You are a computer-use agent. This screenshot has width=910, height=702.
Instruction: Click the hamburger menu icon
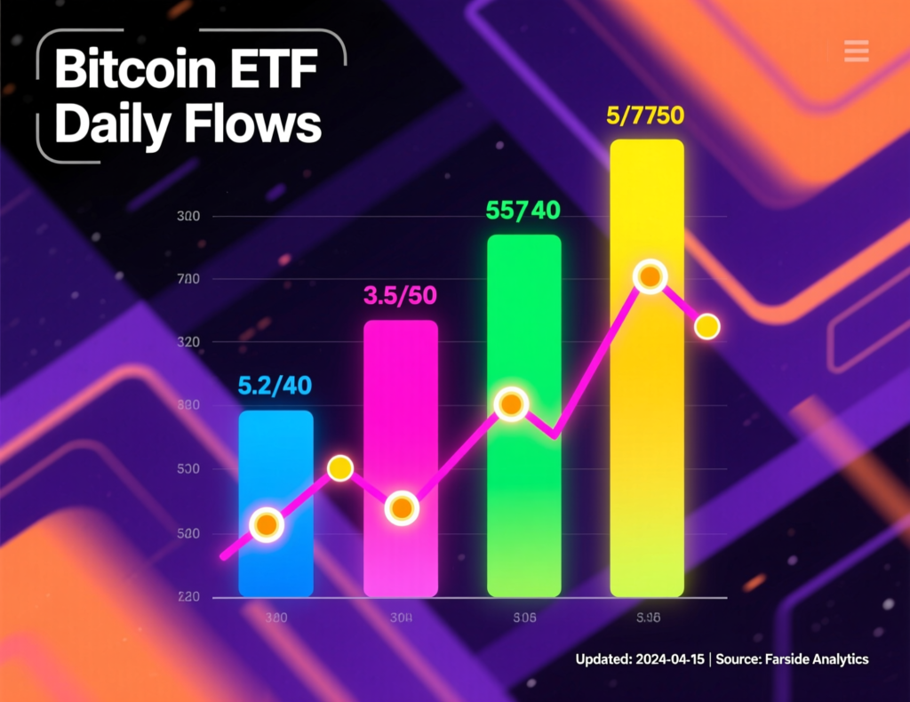(856, 51)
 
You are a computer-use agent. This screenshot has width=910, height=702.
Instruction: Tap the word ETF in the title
(280, 69)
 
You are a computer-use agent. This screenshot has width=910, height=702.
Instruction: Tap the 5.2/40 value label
(275, 387)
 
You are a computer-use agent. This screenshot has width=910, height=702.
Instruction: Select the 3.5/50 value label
(400, 295)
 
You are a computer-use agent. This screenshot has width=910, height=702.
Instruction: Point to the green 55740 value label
(523, 211)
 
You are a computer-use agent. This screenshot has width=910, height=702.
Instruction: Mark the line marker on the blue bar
(266, 525)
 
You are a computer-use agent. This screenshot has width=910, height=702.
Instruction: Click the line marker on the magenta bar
(402, 509)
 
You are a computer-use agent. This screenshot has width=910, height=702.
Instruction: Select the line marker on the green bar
(510, 405)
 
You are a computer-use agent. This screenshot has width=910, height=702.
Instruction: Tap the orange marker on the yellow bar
(650, 277)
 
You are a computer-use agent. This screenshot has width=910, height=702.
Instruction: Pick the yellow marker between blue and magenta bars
(340, 468)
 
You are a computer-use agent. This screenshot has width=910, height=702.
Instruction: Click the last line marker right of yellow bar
(706, 327)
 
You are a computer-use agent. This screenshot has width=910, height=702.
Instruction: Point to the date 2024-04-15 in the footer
(667, 659)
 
